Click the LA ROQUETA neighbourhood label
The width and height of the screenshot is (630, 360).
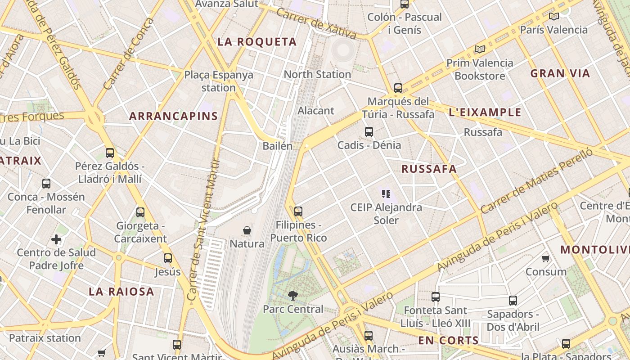click(257, 42)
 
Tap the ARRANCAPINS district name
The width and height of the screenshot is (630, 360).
click(173, 116)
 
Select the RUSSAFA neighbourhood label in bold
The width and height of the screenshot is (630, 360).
click(429, 169)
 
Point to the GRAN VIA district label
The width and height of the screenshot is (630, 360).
click(560, 73)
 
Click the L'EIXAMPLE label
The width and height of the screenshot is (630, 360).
click(485, 112)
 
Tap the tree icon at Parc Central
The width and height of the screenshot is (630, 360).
click(293, 296)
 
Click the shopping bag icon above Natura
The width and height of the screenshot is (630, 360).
click(247, 231)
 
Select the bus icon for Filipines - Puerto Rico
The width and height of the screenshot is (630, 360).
click(298, 211)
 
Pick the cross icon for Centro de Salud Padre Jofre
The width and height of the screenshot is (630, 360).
click(56, 239)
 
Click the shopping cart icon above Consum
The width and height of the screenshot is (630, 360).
click(546, 258)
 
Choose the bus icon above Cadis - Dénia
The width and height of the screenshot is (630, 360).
click(369, 132)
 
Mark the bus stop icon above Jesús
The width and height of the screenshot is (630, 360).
click(168, 258)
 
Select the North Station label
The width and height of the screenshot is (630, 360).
click(317, 74)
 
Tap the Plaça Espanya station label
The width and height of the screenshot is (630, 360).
click(219, 81)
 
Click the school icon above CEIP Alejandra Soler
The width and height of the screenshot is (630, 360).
click(386, 194)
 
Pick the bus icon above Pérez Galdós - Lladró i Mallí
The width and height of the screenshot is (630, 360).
click(110, 153)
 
